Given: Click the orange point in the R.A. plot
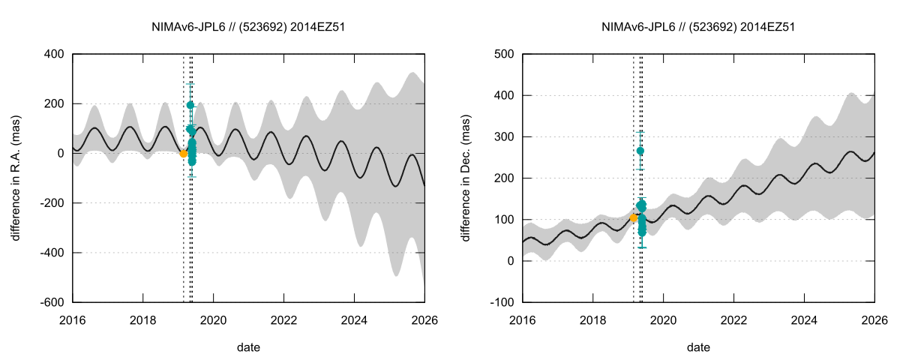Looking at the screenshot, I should [183, 153].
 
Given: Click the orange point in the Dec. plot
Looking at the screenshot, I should [633, 218].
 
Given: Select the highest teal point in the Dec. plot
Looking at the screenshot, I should [640, 151].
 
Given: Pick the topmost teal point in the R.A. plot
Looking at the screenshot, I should [190, 105].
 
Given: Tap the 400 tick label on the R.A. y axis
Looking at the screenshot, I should [54, 55].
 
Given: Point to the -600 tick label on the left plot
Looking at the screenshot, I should [52, 302].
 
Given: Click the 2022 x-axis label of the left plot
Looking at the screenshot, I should [283, 320].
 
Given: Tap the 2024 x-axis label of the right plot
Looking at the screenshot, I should [804, 320].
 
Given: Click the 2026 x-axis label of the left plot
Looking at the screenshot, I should [424, 320].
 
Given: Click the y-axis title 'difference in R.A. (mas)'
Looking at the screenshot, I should [16, 178].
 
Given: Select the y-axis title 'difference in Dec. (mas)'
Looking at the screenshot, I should [466, 178].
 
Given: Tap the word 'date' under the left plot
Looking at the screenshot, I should [248, 347].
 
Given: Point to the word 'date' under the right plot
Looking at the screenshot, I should [698, 347].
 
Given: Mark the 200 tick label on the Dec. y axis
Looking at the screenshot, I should [504, 178].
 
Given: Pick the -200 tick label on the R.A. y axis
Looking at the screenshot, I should [52, 203].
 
